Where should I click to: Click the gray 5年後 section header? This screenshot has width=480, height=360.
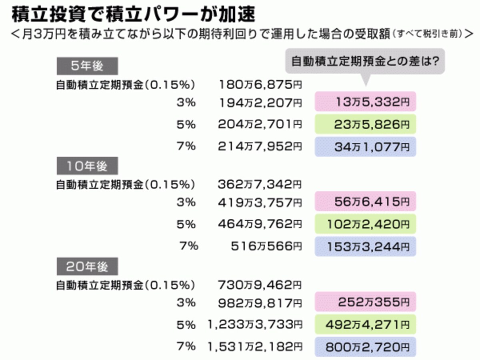pos(87,66)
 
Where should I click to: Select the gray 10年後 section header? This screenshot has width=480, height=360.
pos(87,166)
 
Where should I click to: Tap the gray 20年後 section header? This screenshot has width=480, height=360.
pos(87,266)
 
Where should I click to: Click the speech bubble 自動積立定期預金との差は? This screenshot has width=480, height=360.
pos(365,61)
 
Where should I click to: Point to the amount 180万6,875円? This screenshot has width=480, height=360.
pos(260,84)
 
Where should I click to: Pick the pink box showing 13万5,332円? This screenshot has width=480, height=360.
pos(366,102)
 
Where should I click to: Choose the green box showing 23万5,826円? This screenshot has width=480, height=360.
pos(366,124)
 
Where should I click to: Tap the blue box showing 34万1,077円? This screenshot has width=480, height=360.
pos(366,147)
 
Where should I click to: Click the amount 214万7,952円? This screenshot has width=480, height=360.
pos(260,146)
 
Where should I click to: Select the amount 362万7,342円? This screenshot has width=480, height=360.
pos(260,184)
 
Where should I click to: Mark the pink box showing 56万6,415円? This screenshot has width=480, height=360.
pos(366,201)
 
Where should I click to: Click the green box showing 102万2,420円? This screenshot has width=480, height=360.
pos(366,224)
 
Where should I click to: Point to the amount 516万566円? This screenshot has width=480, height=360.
pos(266,246)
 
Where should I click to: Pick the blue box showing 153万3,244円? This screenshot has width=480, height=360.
pos(366,246)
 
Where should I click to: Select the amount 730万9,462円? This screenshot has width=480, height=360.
pos(260,285)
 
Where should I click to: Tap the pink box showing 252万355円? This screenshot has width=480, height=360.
pos(366,302)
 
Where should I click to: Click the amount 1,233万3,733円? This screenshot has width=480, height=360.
pos(255,324)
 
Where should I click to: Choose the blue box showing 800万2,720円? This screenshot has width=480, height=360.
pos(366,347)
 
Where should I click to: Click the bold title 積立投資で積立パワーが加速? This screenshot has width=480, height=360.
pos(133,14)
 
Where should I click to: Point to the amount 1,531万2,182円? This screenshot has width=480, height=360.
pos(255,347)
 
